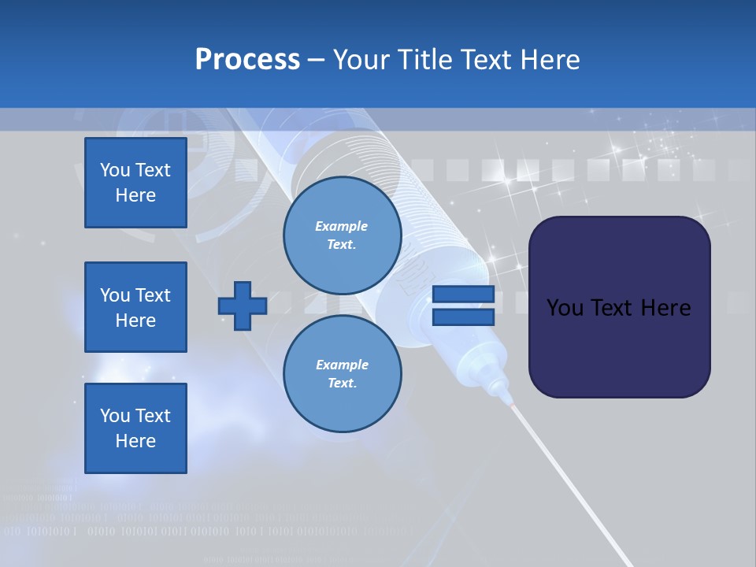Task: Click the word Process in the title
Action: [247, 60]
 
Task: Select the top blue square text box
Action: [135, 183]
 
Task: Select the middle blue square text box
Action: [135, 307]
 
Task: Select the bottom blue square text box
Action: [135, 428]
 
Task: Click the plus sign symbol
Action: [242, 306]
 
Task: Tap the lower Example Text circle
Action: [342, 374]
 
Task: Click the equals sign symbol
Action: [463, 306]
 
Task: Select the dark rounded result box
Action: [619, 306]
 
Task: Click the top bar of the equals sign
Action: [463, 295]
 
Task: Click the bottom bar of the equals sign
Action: [463, 317]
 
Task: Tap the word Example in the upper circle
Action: [342, 226]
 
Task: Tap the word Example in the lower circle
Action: [342, 365]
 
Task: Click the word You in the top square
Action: [115, 170]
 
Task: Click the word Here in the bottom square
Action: [135, 441]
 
